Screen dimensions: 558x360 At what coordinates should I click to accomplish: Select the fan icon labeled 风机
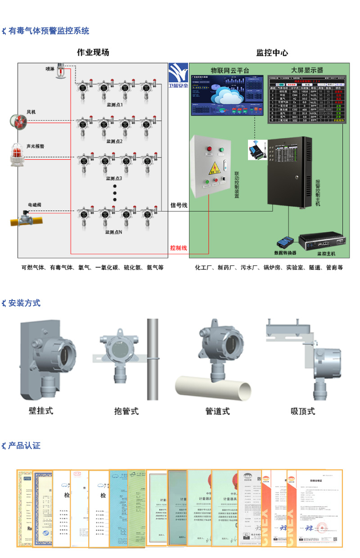tap(19, 121)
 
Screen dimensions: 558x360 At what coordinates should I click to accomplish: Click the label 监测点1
tap(114, 104)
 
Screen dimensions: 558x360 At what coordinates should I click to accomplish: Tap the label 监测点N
tap(113, 232)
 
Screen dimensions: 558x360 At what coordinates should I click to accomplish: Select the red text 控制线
tap(178, 248)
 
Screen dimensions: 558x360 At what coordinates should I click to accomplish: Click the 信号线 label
tap(179, 205)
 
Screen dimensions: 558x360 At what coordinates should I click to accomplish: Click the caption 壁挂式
tap(41, 410)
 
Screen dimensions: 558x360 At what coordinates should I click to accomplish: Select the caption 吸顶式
tap(303, 410)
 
